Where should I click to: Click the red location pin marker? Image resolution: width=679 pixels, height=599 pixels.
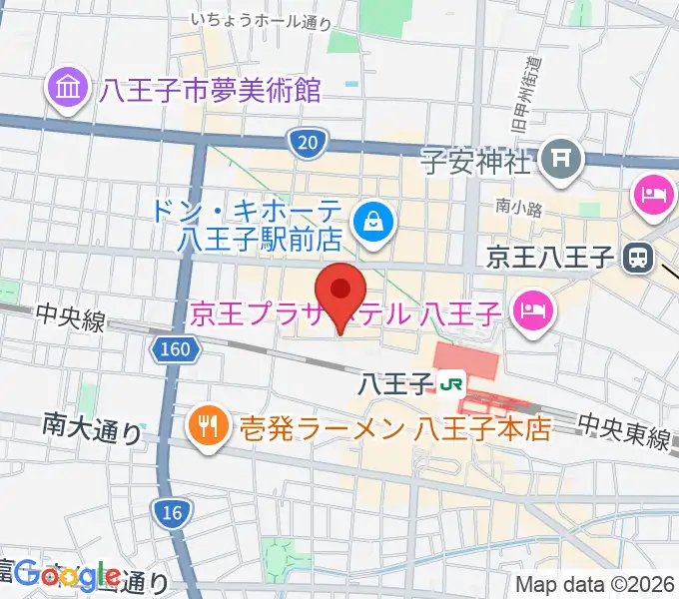tap(340, 292)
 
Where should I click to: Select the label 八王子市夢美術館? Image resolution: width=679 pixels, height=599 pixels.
tap(210, 91)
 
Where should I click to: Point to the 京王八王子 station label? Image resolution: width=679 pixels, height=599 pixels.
tap(550, 259)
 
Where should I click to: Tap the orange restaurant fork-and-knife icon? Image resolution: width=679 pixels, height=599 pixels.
tap(206, 429)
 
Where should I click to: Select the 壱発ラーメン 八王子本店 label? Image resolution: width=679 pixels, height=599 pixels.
tap(394, 429)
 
